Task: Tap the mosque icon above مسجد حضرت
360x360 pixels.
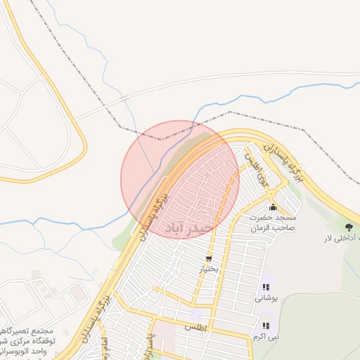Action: click(273, 207)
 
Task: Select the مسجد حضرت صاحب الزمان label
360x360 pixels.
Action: click(274, 223)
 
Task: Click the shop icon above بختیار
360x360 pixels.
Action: click(209, 259)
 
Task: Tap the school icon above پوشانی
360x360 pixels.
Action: click(266, 287)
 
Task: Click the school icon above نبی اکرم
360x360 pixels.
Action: click(266, 326)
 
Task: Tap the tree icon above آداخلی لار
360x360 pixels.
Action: click(349, 226)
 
